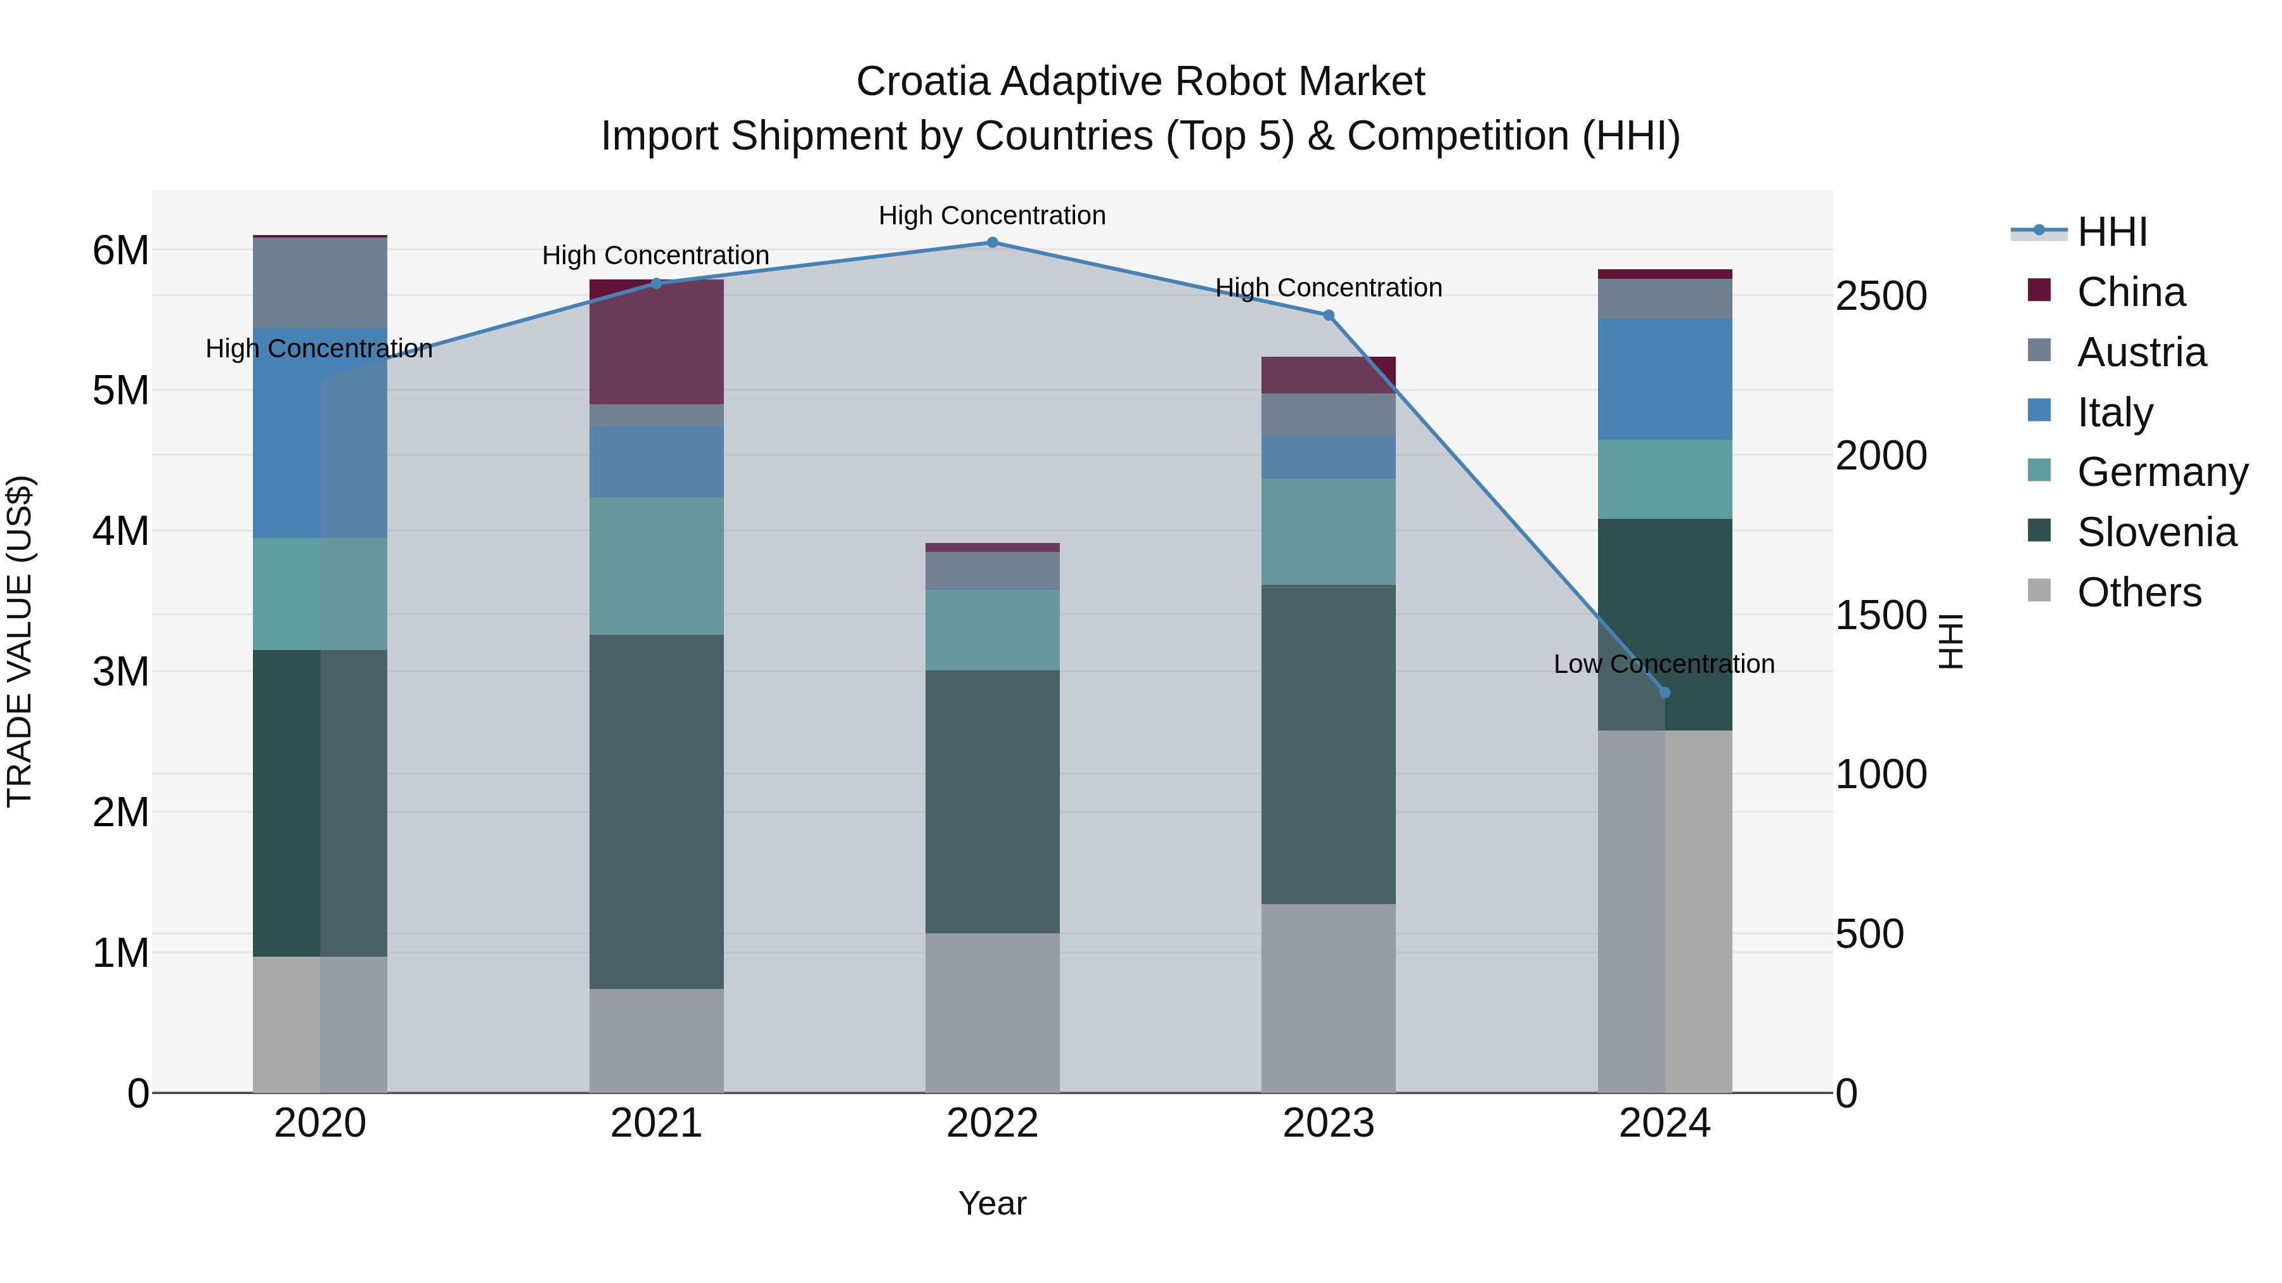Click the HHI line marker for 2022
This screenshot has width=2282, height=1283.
click(992, 242)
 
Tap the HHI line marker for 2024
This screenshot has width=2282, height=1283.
click(1665, 693)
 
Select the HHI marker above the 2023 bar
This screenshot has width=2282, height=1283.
click(1328, 316)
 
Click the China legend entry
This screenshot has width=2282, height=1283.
click(2131, 292)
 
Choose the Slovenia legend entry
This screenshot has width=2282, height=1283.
click(2156, 532)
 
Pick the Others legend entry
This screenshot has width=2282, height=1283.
click(2139, 592)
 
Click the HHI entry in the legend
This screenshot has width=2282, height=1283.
click(2112, 232)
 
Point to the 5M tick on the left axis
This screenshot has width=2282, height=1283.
click(120, 390)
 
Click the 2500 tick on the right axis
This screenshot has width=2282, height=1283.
click(1880, 296)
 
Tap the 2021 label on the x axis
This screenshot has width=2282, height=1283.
click(655, 1123)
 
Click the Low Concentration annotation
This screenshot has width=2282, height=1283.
click(1664, 664)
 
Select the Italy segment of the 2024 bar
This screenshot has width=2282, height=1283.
click(1665, 379)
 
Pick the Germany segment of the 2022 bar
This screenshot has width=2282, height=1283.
click(992, 630)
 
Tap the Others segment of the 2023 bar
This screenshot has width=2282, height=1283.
click(1328, 998)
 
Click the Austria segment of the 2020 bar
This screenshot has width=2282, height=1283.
click(320, 283)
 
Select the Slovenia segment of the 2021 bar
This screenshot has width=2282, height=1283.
click(655, 811)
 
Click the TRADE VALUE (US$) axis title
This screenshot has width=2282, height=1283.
click(20, 641)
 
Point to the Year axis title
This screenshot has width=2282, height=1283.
click(992, 1203)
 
